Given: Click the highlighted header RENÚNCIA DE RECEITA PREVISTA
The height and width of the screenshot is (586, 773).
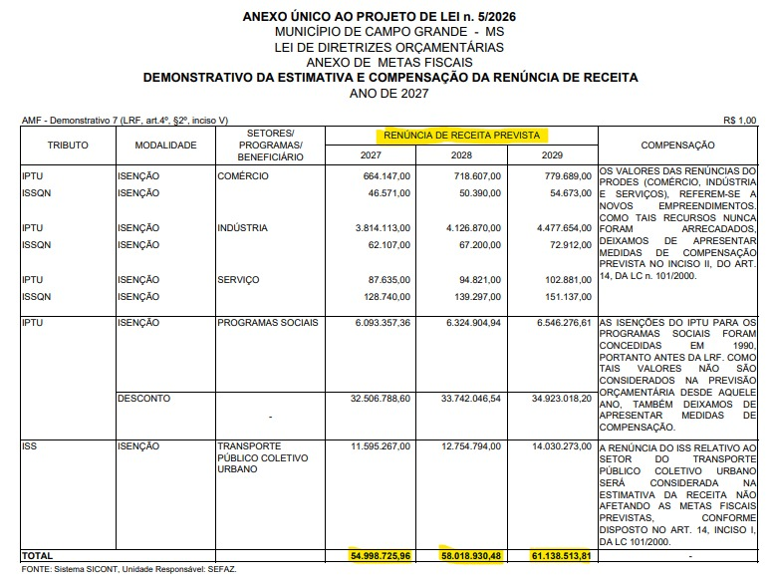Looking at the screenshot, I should pyautogui.click(x=461, y=135).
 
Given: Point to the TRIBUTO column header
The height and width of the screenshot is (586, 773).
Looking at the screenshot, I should pyautogui.click(x=68, y=146).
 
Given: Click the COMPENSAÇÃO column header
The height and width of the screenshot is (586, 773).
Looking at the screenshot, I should pyautogui.click(x=677, y=146).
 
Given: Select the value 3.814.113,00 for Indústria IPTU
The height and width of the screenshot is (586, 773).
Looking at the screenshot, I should pyautogui.click(x=377, y=228).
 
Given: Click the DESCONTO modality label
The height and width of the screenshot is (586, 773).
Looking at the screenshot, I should pyautogui.click(x=143, y=399).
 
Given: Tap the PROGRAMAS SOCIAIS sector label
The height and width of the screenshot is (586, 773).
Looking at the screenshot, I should pyautogui.click(x=268, y=323).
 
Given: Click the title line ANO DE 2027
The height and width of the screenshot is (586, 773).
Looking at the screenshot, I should pyautogui.click(x=389, y=92).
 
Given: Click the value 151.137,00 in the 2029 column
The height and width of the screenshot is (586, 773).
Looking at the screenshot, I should pyautogui.click(x=564, y=296).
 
